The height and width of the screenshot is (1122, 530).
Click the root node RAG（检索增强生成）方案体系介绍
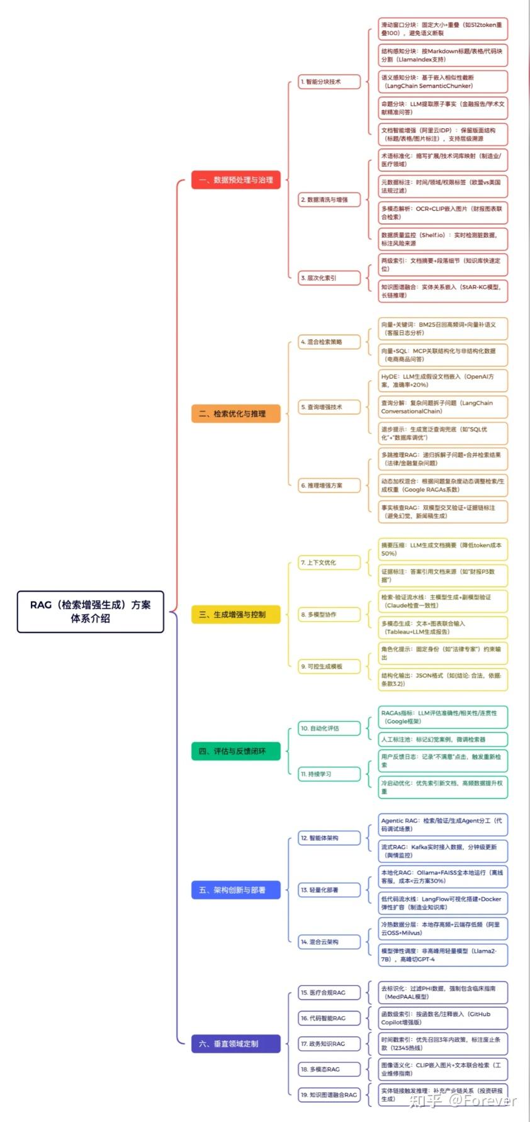[90, 611]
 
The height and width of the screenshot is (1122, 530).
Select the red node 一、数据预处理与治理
[235, 180]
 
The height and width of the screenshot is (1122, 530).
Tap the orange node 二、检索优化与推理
[235, 413]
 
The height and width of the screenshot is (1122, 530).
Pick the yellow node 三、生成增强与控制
[235, 614]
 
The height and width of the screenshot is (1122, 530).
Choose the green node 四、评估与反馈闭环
[235, 751]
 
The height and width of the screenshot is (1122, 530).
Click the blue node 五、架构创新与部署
[235, 890]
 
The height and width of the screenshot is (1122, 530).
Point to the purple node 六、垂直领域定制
[235, 1043]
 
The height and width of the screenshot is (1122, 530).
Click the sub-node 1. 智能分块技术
[329, 82]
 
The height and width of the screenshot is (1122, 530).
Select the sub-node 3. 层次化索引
[329, 278]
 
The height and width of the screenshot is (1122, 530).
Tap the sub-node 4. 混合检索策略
[329, 342]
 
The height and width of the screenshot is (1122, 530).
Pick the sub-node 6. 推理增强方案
[329, 485]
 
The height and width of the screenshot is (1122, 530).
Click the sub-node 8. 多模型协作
[329, 614]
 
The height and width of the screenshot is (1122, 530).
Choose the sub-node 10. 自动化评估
[329, 728]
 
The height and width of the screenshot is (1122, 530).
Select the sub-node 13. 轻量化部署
[329, 890]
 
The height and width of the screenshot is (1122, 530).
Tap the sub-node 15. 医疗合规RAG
[329, 992]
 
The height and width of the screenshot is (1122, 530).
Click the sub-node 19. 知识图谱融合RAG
[329, 1094]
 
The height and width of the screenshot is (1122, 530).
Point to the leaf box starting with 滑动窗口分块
[443, 29]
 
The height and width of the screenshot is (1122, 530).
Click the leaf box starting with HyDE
[443, 381]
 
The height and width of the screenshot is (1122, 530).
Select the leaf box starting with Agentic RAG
[443, 824]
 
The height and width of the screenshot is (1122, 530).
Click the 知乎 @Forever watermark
[462, 1100]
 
